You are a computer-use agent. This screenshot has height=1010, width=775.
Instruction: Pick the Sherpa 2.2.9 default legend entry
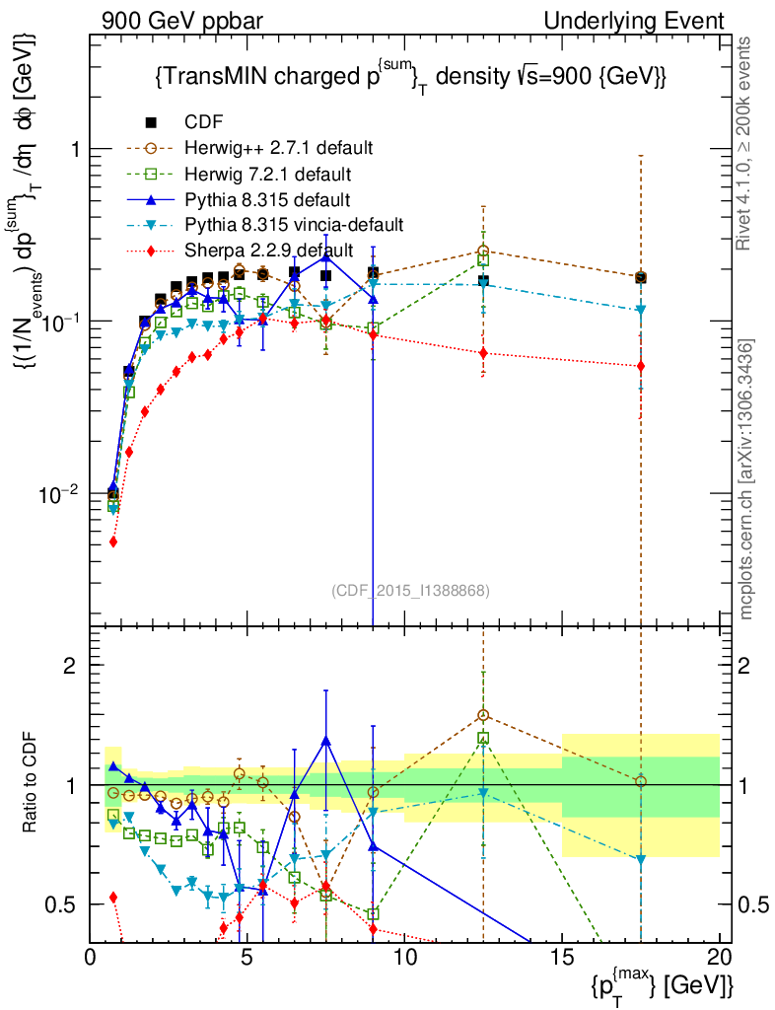pyautogui.click(x=267, y=251)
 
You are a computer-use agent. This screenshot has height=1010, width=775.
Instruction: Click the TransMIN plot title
pyautogui.click(x=410, y=76)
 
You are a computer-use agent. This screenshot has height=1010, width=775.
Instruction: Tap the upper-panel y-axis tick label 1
pyautogui.click(x=73, y=149)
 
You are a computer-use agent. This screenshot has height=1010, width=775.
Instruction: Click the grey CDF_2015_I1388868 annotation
pyautogui.click(x=410, y=590)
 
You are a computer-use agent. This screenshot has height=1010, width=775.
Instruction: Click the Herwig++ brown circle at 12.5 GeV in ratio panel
pyautogui.click(x=483, y=715)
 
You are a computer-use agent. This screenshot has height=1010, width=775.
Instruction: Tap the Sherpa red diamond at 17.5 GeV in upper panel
pyautogui.click(x=641, y=366)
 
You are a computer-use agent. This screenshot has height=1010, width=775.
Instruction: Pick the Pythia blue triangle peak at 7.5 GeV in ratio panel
pyautogui.click(x=326, y=740)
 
